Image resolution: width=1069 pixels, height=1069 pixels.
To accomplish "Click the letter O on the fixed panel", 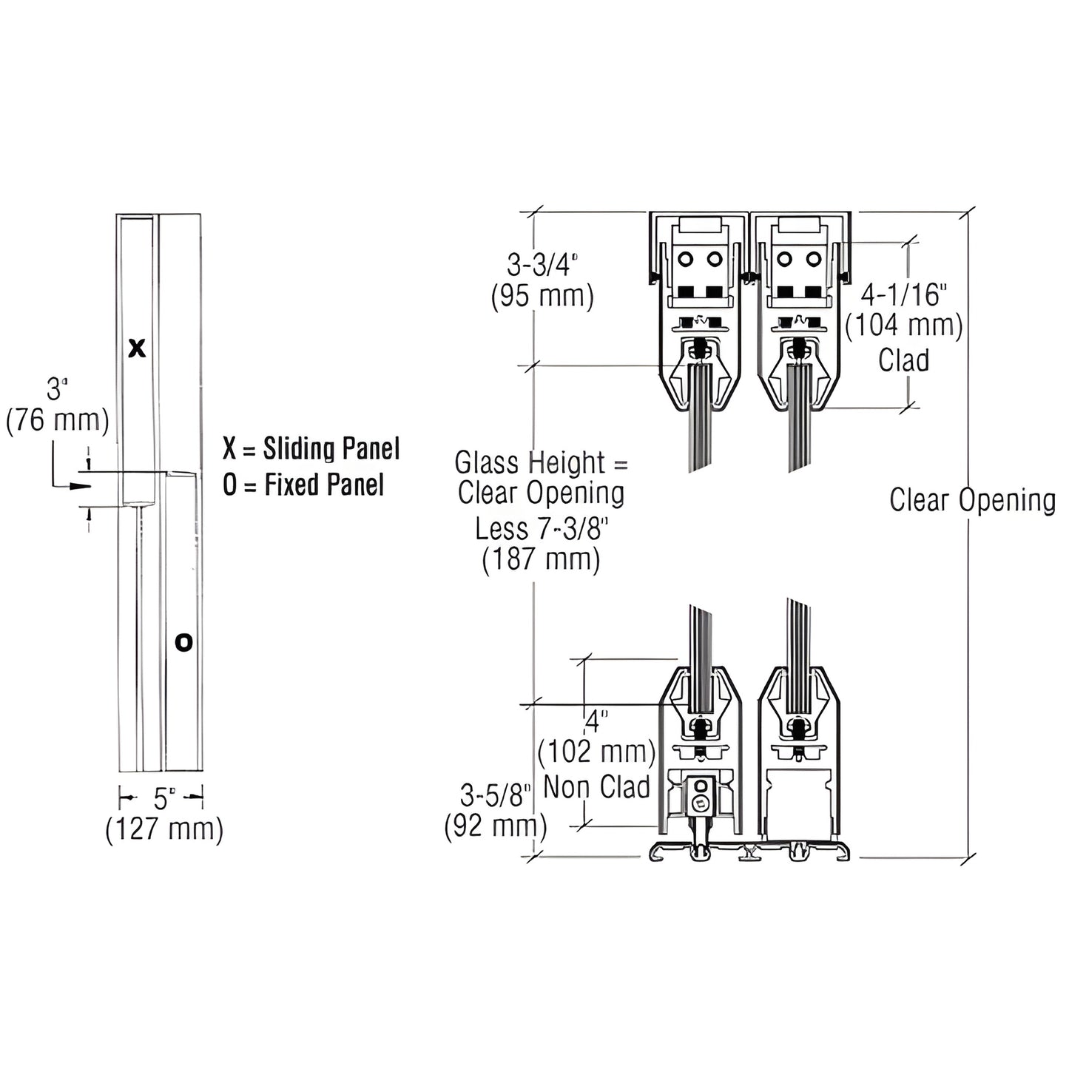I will [x=183, y=642].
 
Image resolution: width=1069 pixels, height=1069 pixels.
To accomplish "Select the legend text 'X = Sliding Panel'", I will [x=311, y=449].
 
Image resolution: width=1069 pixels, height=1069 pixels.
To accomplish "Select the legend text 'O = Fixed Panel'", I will [x=303, y=485].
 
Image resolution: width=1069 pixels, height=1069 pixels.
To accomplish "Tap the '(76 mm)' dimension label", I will [x=58, y=420].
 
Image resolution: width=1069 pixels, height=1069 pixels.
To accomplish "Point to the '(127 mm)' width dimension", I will [x=164, y=829].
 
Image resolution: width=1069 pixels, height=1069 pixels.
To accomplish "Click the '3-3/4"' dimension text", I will [x=542, y=264].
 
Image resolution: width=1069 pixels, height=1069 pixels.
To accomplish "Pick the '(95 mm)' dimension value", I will [x=542, y=297].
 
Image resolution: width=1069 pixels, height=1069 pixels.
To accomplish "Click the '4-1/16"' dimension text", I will [x=904, y=294].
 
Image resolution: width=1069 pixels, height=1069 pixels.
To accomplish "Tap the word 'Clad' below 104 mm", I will [x=903, y=360].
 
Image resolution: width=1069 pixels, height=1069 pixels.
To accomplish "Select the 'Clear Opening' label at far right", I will [x=972, y=500].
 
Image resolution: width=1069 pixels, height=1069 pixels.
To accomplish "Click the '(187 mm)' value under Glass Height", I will [x=541, y=559].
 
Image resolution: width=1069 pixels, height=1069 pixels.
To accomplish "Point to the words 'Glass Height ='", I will [x=541, y=463].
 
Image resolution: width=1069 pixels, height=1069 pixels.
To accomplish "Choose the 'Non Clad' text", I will [x=596, y=787].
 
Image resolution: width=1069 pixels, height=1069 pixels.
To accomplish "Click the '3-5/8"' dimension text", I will [x=495, y=796].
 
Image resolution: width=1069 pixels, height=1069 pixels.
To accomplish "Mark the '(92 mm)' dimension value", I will [x=495, y=826].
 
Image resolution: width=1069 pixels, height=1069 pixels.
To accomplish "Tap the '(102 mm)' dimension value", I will [x=596, y=752].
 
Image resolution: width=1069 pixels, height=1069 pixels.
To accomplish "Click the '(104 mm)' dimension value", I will [x=904, y=326].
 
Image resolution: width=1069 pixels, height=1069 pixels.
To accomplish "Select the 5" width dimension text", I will [x=164, y=798].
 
